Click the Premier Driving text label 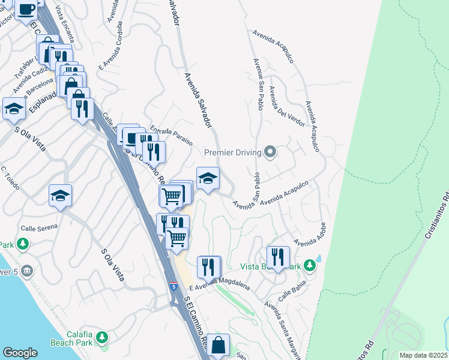[231, 152]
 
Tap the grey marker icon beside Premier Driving [270, 152]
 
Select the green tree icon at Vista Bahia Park [309, 265]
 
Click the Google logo [20, 352]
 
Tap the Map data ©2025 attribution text [423, 355]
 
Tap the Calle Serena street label [40, 227]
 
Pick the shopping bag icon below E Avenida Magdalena [219, 345]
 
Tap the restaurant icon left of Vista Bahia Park [278, 257]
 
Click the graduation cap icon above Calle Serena [61, 196]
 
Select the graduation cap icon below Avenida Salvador [208, 178]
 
